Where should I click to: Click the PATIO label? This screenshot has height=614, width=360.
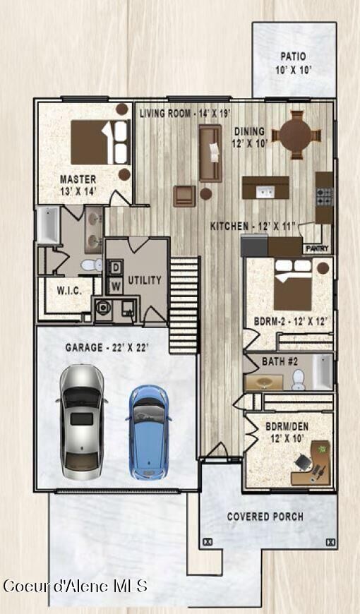click(x=293, y=56)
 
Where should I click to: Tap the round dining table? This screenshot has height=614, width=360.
click(x=296, y=133)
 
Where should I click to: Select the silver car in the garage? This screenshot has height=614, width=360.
click(x=82, y=421)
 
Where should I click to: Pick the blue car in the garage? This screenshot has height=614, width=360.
click(x=149, y=430)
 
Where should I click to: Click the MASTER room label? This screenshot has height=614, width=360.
click(x=78, y=179)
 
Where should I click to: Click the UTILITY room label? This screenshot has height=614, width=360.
click(x=145, y=279)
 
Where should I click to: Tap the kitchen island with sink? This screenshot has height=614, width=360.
click(x=265, y=190)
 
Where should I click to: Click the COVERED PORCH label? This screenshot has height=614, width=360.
click(x=265, y=517)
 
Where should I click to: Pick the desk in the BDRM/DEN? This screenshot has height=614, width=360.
click(x=311, y=466)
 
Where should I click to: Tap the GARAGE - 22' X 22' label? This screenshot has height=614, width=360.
click(x=106, y=348)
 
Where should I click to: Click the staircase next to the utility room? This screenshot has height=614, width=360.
click(x=184, y=303)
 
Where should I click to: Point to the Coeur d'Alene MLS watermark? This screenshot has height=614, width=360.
click(x=75, y=586)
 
